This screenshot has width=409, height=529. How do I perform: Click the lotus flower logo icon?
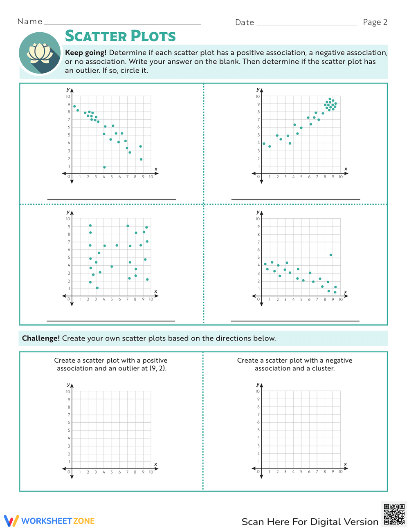tap(40, 54)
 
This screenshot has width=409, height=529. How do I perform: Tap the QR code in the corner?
tap(394, 514)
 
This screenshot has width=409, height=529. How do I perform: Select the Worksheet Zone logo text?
tap(58, 521)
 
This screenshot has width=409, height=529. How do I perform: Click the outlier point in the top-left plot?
tap(104, 167)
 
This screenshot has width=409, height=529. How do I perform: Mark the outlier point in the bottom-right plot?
tap(330, 255)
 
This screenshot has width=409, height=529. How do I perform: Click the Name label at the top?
tap(30, 22)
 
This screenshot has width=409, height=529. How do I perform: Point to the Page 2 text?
tap(375, 22)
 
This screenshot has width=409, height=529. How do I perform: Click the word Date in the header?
tap(245, 22)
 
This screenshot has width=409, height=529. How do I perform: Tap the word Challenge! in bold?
tap(41, 338)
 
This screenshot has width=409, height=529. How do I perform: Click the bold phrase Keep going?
tap(86, 53)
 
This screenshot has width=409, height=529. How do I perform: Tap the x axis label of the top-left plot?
tap(156, 169)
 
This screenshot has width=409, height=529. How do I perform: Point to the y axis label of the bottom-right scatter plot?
tap(258, 212)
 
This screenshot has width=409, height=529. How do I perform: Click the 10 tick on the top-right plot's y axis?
tap(258, 96)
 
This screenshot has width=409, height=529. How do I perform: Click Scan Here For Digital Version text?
tap(310, 522)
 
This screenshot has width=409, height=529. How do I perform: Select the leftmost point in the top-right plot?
tap(264, 143)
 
